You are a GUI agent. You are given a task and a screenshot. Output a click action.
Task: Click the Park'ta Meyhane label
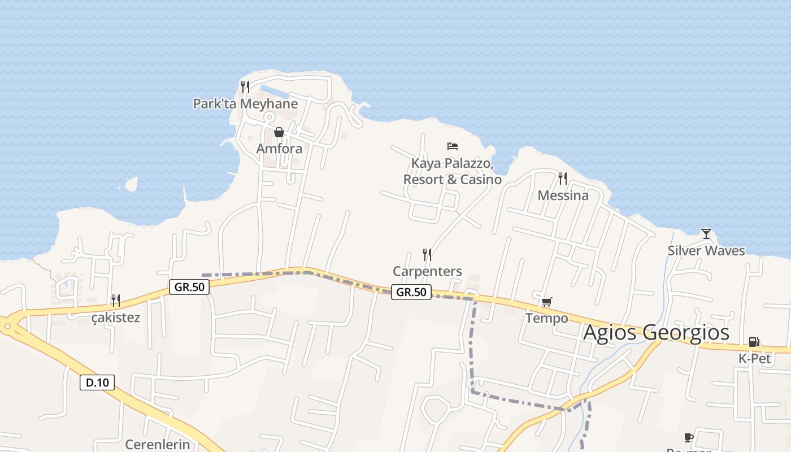point(245,104)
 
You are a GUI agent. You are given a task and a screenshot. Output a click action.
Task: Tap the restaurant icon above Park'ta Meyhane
point(245,87)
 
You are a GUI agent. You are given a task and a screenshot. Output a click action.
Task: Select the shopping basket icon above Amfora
point(279,132)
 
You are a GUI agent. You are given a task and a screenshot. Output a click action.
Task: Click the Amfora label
point(279,149)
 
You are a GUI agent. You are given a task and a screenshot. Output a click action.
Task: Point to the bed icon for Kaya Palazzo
point(453,146)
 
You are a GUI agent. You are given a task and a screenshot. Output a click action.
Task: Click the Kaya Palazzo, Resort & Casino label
point(453,172)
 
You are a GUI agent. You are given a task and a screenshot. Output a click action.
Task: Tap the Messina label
point(563,195)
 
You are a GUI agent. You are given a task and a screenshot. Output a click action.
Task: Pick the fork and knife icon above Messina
point(563,179)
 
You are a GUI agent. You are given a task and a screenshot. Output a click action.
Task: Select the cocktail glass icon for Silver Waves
point(706,233)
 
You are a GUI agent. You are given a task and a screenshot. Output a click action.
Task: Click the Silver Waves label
point(706,251)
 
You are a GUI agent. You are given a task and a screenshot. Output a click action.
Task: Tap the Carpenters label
point(427,272)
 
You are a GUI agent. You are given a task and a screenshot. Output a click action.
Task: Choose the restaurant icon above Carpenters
point(427,255)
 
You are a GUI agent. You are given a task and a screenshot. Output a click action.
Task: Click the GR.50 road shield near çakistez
point(189,287)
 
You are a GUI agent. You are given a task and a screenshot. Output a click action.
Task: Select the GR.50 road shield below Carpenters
point(411,292)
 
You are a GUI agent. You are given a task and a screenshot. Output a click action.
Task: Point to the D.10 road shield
point(97,383)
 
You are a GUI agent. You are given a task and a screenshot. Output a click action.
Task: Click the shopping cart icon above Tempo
point(546,302)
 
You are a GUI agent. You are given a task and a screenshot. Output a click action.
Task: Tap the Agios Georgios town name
point(656,332)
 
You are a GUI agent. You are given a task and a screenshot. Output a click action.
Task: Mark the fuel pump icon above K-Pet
point(754,342)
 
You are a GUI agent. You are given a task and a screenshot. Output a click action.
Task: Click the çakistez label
point(116,318)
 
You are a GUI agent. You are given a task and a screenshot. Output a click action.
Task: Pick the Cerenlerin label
point(158,444)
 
